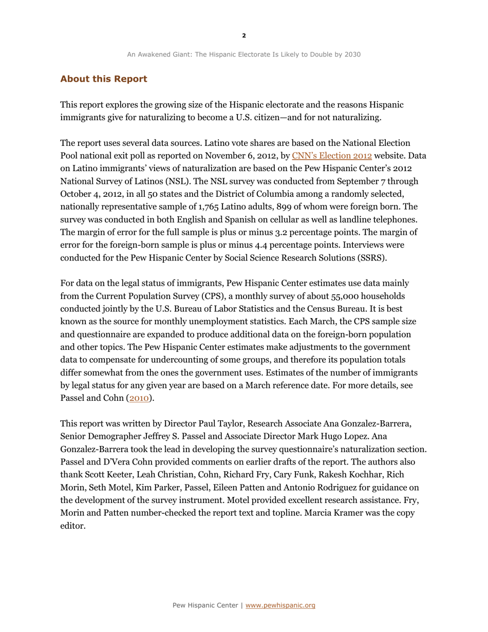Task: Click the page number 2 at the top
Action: pyautogui.click(x=244, y=35)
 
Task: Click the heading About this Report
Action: pyautogui.click(x=104, y=79)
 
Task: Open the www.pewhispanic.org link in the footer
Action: pyautogui.click(x=280, y=605)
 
